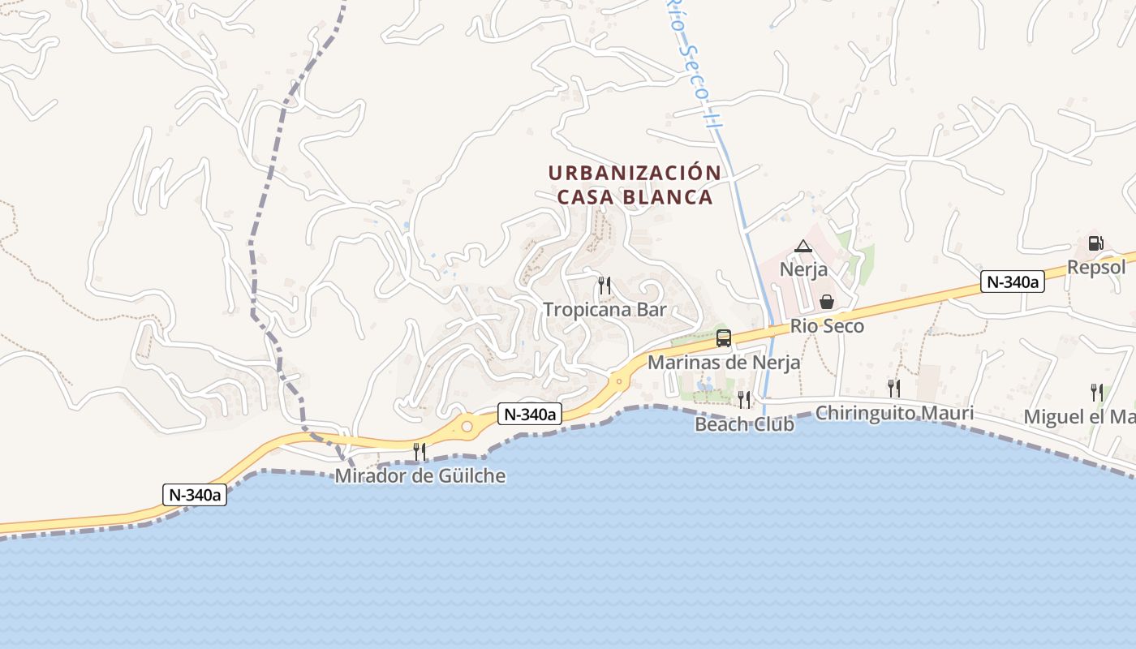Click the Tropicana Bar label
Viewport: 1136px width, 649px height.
click(x=605, y=310)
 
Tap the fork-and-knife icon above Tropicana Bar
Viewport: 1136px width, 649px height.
click(x=605, y=286)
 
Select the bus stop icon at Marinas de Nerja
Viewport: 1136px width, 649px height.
click(x=723, y=338)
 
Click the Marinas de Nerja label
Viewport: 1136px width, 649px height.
click(x=723, y=363)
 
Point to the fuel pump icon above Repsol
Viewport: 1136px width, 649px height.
click(x=1095, y=243)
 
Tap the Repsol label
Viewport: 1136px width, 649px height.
click(x=1096, y=268)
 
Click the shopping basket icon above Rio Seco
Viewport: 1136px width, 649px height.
click(x=826, y=302)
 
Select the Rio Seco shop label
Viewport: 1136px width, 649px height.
click(x=827, y=326)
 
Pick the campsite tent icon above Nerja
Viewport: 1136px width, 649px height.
click(x=803, y=246)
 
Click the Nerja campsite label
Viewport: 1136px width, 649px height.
click(x=803, y=269)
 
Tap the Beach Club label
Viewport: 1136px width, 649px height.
click(x=744, y=423)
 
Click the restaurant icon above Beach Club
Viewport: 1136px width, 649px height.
click(x=744, y=399)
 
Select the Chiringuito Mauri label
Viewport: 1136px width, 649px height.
click(x=894, y=413)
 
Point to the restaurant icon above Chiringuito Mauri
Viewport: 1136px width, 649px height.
click(x=893, y=389)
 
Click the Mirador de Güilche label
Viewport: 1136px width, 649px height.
click(x=420, y=476)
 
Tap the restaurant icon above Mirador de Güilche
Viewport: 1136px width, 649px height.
click(x=420, y=452)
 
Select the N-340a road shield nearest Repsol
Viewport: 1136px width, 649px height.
click(x=1011, y=282)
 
